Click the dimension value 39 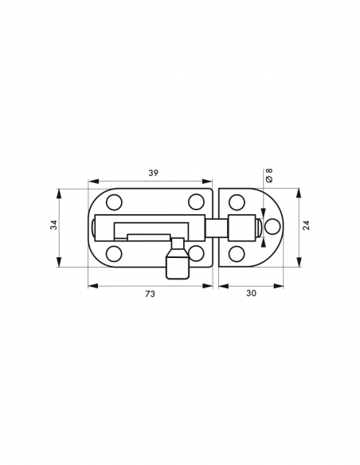point(151,173)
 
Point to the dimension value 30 point(251,293)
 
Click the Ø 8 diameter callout point(269,175)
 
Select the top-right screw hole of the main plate point(195,201)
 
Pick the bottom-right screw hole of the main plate point(195,254)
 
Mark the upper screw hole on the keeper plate point(236,202)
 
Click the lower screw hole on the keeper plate point(236,254)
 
